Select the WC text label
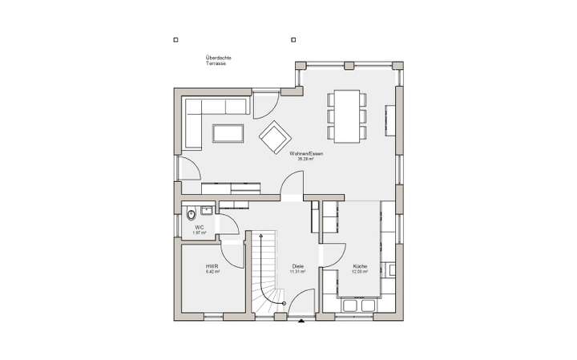(197, 229)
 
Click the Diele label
(298, 268)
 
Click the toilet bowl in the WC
(192, 214)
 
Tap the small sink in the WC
(207, 211)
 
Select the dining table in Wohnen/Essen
(346, 115)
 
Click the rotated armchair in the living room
(274, 136)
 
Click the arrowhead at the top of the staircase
(258, 237)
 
